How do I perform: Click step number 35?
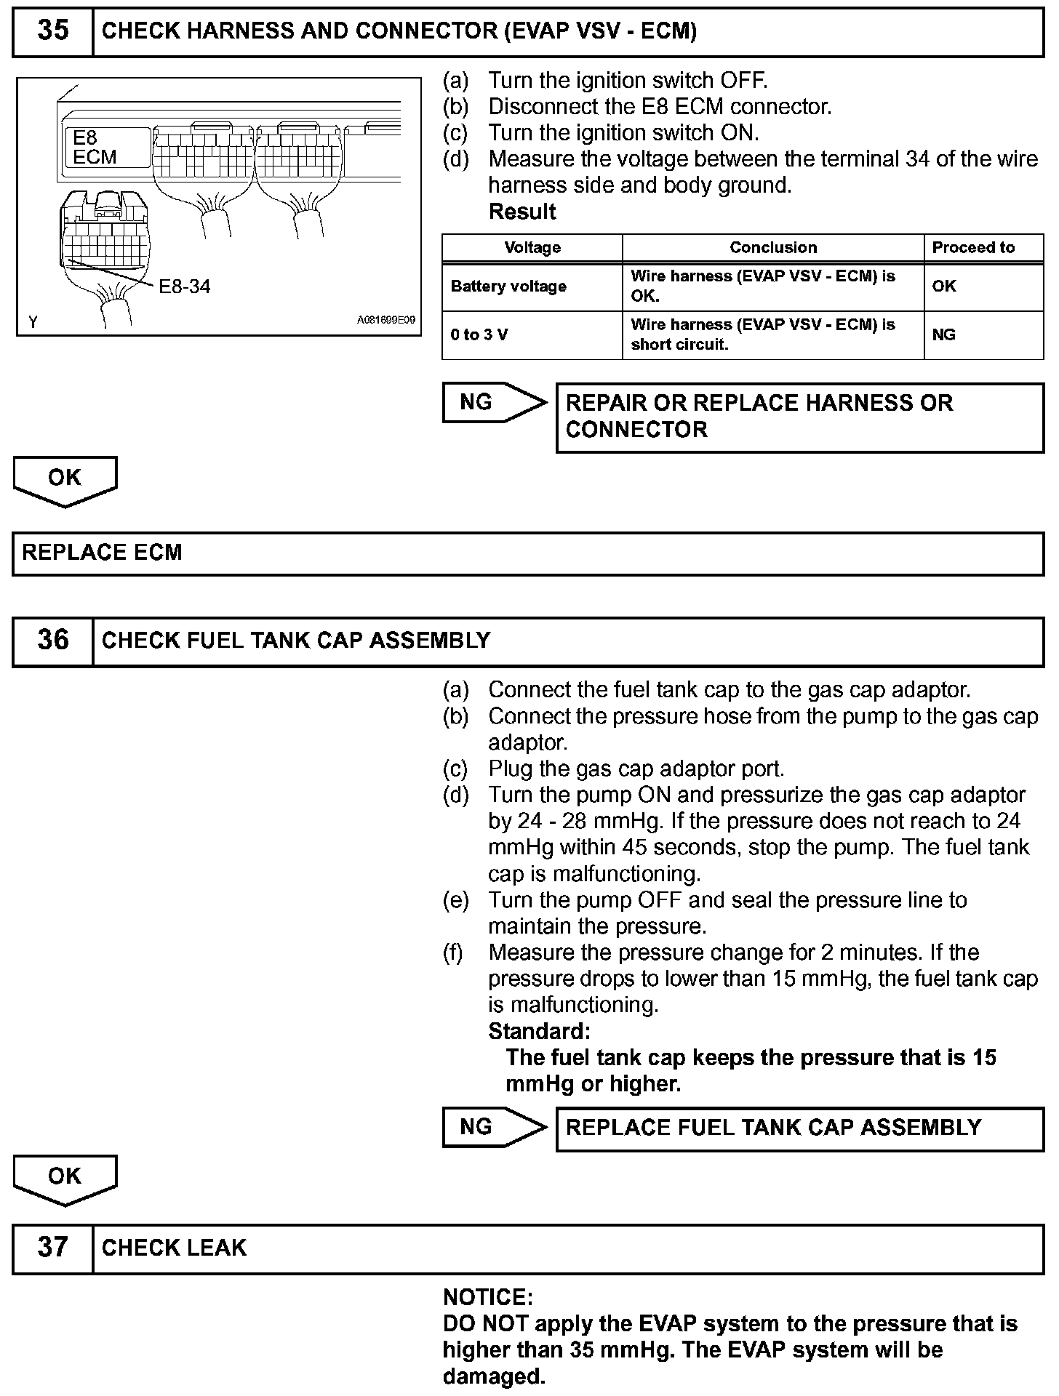coord(53,31)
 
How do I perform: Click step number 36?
coord(53,641)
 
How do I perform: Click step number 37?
coord(53,1248)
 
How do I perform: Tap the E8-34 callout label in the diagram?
coord(184,286)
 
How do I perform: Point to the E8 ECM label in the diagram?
coord(95,148)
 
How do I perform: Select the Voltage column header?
coord(532,248)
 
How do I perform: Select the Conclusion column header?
coord(773,248)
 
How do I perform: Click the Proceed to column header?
coord(973,248)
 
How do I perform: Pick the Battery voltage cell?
coord(508,286)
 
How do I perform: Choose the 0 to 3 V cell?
coord(479,335)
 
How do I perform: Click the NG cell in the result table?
coord(943,335)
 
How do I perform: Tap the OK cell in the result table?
coord(943,286)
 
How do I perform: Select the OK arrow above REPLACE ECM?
coord(65,480)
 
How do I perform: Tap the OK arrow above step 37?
coord(65,1178)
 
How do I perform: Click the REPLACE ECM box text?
coord(102,553)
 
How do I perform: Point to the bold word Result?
coord(521,212)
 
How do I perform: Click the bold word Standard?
coord(539,1032)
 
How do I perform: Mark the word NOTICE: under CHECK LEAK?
coord(487,1298)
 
